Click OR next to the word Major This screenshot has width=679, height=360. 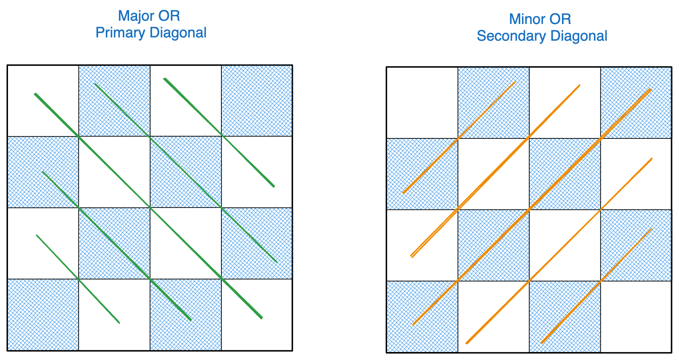pyautogui.click(x=169, y=16)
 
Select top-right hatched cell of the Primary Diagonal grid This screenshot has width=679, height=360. pyautogui.click(x=257, y=101)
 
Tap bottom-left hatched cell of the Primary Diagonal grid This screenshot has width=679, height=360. pyautogui.click(x=43, y=315)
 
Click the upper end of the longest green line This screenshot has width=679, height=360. pyautogui.click(x=35, y=94)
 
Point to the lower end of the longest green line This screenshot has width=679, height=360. pyautogui.click(x=262, y=318)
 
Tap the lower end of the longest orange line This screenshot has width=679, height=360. pyautogui.click(x=414, y=325)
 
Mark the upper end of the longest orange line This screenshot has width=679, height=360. pyautogui.click(x=651, y=89)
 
